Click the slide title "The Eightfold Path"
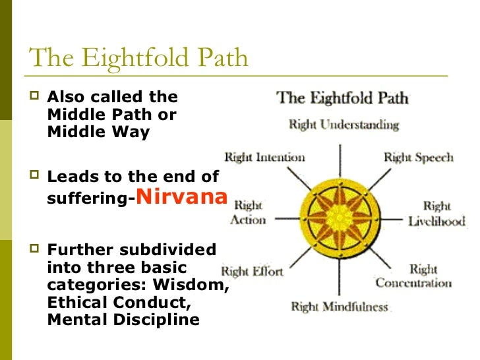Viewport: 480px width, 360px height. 139,58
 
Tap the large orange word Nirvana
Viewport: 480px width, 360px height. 182,196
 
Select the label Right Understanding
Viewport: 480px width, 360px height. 344,124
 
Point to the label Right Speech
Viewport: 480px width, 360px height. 418,157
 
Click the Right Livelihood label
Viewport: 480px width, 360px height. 436,214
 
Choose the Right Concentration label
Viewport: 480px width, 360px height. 414,276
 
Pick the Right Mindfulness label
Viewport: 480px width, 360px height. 340,307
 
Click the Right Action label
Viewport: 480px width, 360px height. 248,212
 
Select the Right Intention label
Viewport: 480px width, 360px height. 264,157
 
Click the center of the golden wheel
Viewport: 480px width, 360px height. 340,215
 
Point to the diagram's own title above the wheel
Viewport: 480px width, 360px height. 342,99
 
